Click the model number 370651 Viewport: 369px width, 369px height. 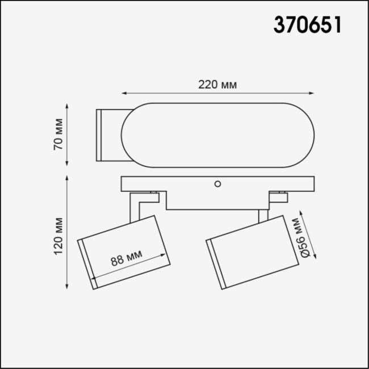tap(308, 24)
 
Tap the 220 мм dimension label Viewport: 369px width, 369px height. tap(217, 85)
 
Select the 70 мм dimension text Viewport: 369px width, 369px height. tap(58, 136)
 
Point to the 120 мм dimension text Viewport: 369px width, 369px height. tap(58, 235)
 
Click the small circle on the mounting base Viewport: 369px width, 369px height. tap(217, 183)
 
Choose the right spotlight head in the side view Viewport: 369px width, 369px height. tap(253, 253)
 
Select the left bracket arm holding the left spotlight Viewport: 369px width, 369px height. tap(136, 207)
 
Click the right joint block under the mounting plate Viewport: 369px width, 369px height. tap(278, 197)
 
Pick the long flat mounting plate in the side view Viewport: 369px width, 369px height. tap(217, 184)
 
